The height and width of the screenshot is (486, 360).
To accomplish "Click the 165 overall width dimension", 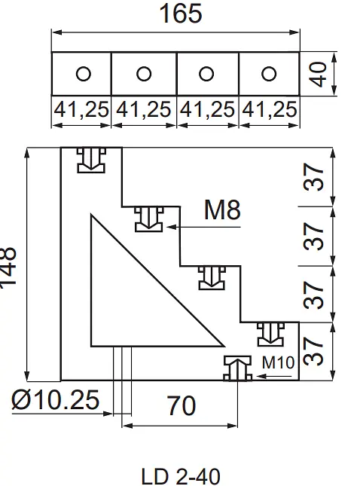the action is pos(181,14).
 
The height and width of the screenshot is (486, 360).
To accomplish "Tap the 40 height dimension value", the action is pos(318,74).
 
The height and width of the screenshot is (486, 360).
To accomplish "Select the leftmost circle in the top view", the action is pos(84,74).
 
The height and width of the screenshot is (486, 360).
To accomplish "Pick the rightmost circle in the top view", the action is pos(269,74).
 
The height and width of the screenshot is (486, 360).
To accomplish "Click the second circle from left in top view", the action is pos(144,74).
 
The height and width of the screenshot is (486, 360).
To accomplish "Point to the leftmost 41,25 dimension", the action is pos(81,109).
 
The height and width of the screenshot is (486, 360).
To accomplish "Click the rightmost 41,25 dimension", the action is pos(269,109).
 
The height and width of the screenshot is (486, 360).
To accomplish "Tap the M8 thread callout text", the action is pos(222,209).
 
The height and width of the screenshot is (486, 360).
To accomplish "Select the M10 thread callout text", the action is pos(278,362).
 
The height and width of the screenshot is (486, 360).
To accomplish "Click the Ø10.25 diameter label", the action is pos(56,400).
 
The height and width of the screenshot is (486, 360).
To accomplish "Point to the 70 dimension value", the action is pos(182,405).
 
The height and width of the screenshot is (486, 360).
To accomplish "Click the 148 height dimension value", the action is pos(8,267).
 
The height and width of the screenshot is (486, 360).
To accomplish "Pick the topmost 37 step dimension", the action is pos(313,177).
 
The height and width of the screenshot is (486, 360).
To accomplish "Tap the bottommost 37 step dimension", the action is pos(313,351).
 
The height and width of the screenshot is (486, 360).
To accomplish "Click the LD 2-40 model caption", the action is pos(181,476).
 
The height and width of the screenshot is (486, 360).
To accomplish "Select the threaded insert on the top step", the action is pos(91,160).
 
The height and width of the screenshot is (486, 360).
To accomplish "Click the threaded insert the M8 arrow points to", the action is pos(148,219).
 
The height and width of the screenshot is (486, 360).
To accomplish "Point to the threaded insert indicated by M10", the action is pos(238,368).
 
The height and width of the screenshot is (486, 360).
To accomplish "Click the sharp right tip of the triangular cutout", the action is pos(224,345).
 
